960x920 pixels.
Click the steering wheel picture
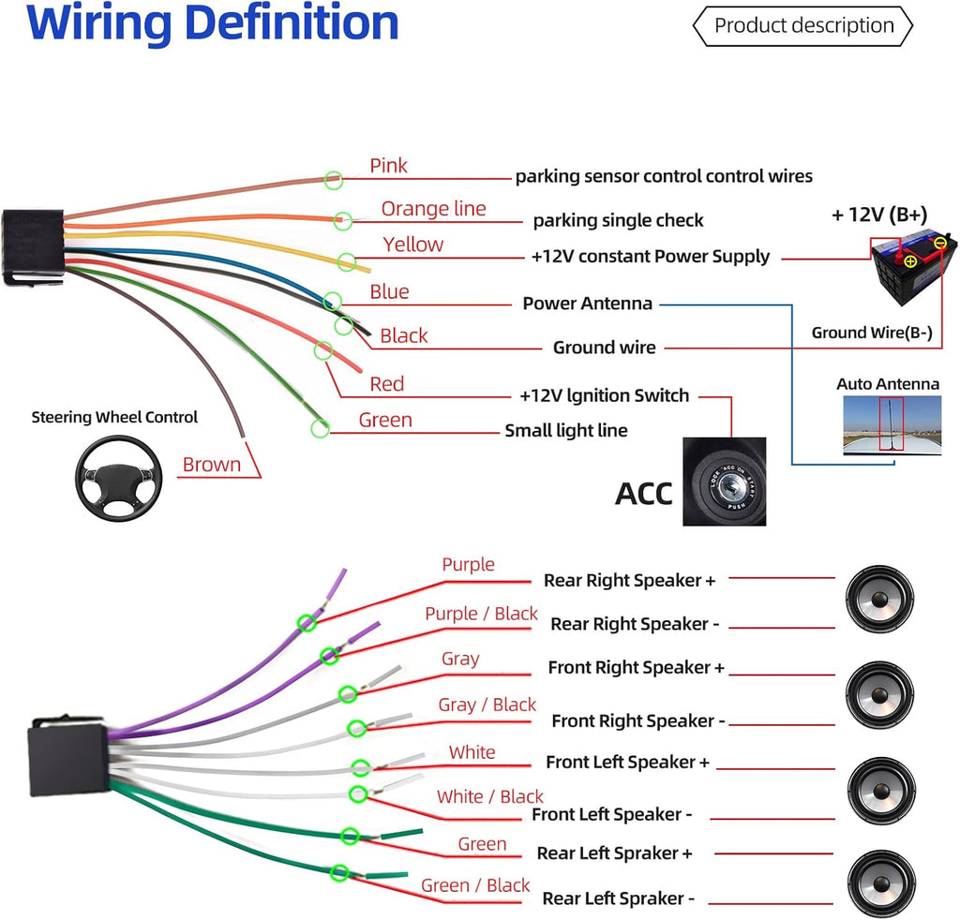click(119, 479)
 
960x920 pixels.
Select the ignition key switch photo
click(725, 482)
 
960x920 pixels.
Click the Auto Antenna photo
click(892, 425)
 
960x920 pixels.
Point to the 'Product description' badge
click(802, 25)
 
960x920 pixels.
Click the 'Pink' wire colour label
click(388, 166)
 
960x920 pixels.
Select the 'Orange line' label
click(433, 209)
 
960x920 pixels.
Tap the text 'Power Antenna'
click(587, 304)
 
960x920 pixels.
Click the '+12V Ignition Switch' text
click(605, 395)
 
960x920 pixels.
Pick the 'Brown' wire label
click(212, 465)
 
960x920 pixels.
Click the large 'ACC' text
click(643, 494)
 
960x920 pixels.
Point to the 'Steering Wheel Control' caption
click(114, 417)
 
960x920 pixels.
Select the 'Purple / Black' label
click(481, 614)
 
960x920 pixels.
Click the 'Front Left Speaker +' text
click(627, 763)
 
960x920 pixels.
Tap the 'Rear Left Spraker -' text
click(619, 898)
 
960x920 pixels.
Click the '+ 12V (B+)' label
click(879, 215)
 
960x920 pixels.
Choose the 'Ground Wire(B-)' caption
click(872, 333)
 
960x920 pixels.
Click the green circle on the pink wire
click(333, 180)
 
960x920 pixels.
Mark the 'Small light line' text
click(565, 431)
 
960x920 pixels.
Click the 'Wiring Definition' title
click(213, 23)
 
